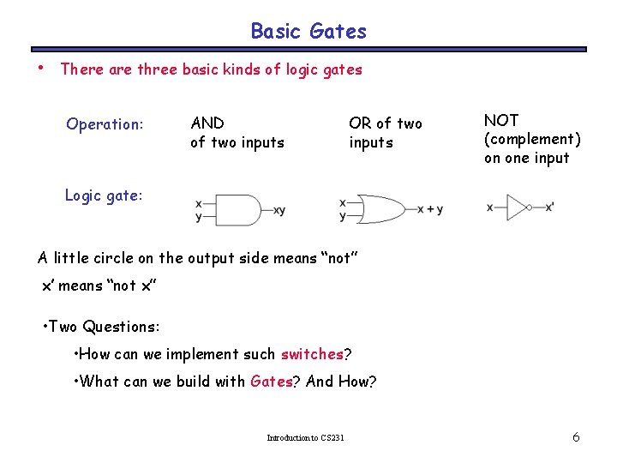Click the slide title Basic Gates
[308, 32]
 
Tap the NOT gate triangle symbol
[517, 207]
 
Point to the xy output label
[280, 210]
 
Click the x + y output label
[429, 209]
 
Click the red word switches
[311, 354]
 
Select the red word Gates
[271, 382]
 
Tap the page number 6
[576, 437]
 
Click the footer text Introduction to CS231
[306, 438]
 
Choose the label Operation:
[105, 124]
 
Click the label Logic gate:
[103, 195]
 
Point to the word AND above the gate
[207, 123]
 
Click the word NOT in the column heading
[501, 120]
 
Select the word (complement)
[532, 139]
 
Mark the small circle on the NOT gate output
[530, 207]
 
